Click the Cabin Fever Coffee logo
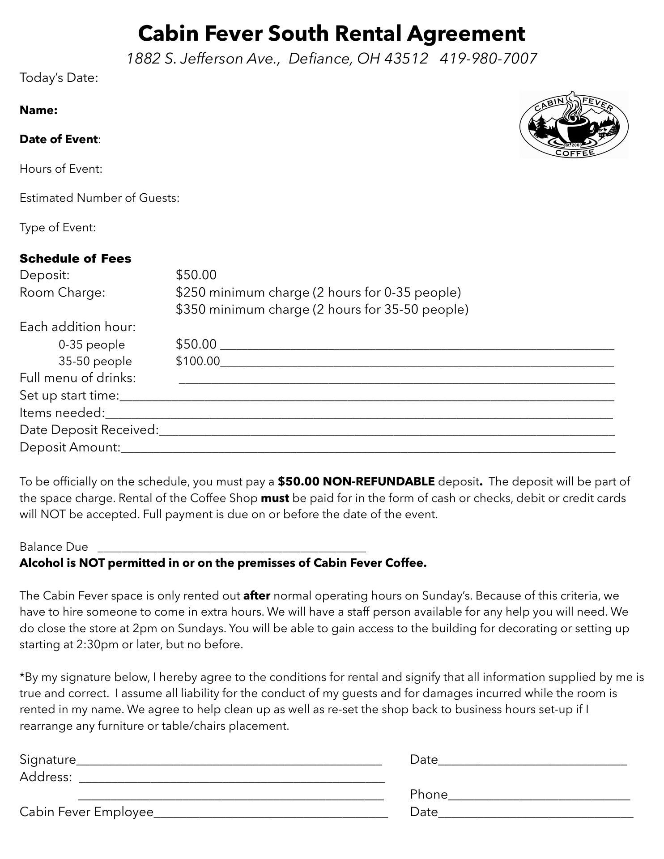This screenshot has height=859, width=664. point(574,125)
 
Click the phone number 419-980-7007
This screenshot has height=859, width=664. point(488,59)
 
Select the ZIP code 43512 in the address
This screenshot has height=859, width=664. point(406,59)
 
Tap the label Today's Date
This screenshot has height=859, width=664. point(59,78)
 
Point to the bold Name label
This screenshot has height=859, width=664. point(38,110)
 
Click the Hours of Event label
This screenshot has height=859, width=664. point(61,169)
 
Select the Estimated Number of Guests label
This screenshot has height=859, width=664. point(99,198)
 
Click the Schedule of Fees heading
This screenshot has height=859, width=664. point(75,259)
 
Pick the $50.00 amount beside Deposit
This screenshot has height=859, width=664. point(196,275)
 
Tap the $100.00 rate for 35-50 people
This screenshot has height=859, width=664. point(198,361)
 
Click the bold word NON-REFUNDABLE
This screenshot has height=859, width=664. point(379,481)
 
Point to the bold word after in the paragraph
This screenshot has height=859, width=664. point(256,595)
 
